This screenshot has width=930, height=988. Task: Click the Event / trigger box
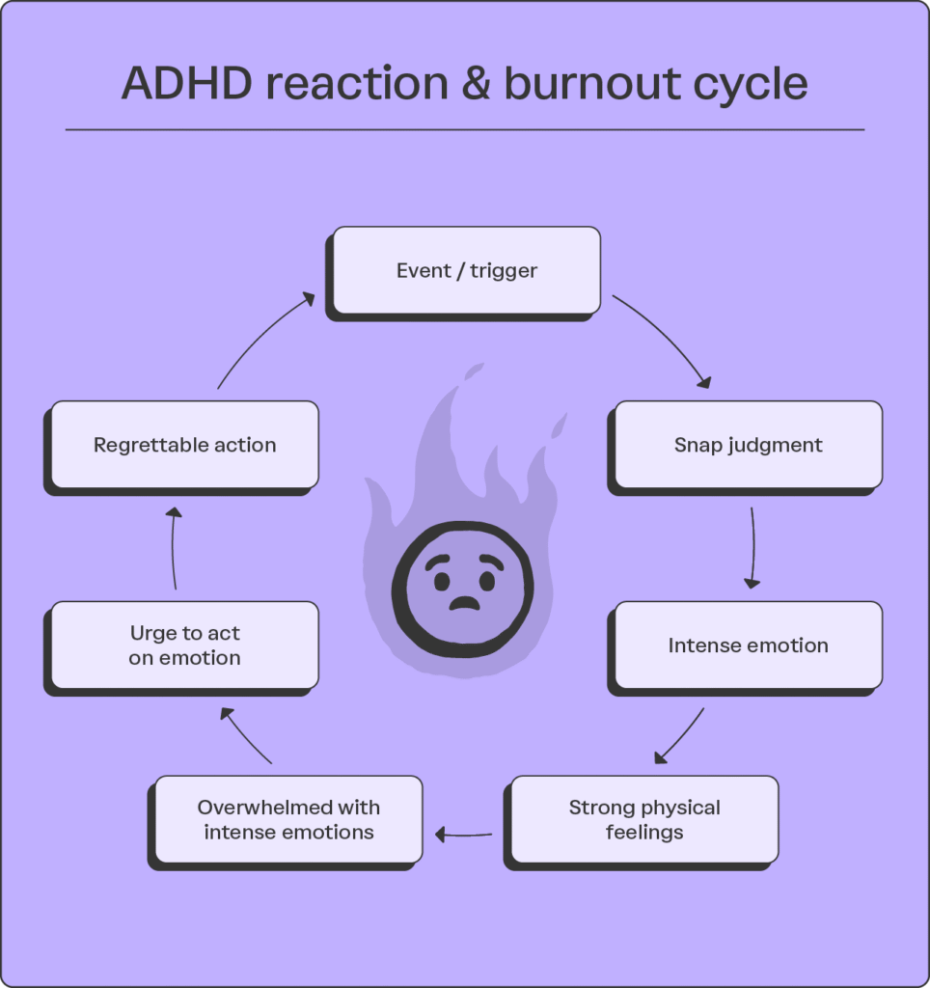(466, 270)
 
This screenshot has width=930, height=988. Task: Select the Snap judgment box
(748, 445)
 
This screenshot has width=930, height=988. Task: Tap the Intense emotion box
(748, 645)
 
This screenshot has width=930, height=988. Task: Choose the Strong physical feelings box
(643, 819)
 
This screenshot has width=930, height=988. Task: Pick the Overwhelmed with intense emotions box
(288, 819)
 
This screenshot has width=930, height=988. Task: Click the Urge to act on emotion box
(184, 645)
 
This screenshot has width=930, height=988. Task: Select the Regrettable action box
(184, 445)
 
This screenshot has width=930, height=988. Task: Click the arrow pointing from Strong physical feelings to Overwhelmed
(464, 834)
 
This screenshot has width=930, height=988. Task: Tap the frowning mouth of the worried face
(464, 604)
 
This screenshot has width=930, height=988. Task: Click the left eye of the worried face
(442, 582)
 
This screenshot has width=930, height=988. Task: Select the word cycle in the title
(752, 84)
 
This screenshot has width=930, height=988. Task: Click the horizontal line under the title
(464, 129)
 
